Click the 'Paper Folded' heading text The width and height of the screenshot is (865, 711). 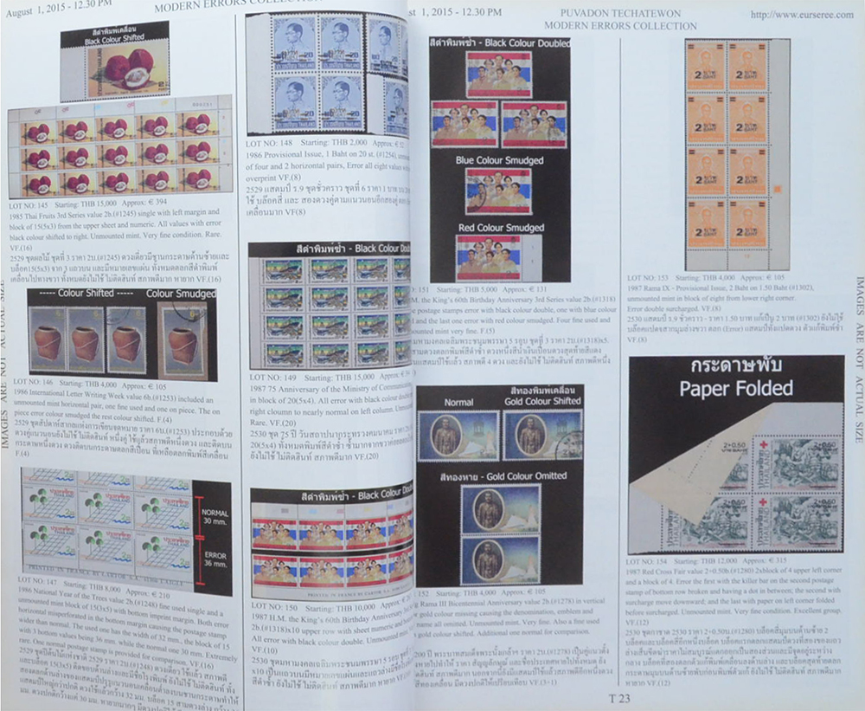735,388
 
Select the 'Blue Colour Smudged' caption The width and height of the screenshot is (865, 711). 499,160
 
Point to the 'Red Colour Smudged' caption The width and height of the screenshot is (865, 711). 500,228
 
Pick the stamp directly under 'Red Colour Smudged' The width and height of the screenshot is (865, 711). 488,256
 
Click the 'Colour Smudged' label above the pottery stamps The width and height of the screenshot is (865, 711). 181,294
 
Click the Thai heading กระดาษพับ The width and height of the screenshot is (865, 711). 735,365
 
